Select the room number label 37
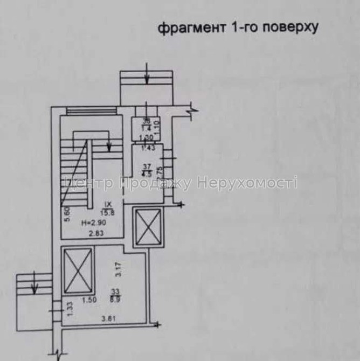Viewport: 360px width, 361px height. click(x=145, y=166)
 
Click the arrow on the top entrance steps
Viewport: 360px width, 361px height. click(x=147, y=78)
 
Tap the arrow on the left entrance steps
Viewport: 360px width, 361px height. click(x=34, y=285)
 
